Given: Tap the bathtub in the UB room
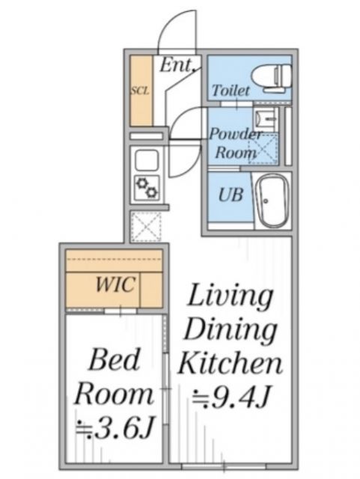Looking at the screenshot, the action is coord(272,201).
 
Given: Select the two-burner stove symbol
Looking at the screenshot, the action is coord(147,188).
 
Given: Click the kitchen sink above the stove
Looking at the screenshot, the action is coord(147,160).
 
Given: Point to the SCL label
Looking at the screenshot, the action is coord(140,91).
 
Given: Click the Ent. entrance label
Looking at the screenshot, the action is coord(177,65).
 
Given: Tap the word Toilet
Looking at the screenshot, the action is coord(231,90).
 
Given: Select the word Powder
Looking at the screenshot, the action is coord(236,135).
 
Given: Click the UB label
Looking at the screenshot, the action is coord(231,195).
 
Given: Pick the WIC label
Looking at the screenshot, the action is coord(115,284).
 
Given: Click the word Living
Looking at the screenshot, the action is coord(230,296).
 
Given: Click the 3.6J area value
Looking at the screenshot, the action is coord(114,427).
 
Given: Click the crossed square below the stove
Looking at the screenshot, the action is coord(146,227).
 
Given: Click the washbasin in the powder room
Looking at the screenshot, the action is coord(265,118).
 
